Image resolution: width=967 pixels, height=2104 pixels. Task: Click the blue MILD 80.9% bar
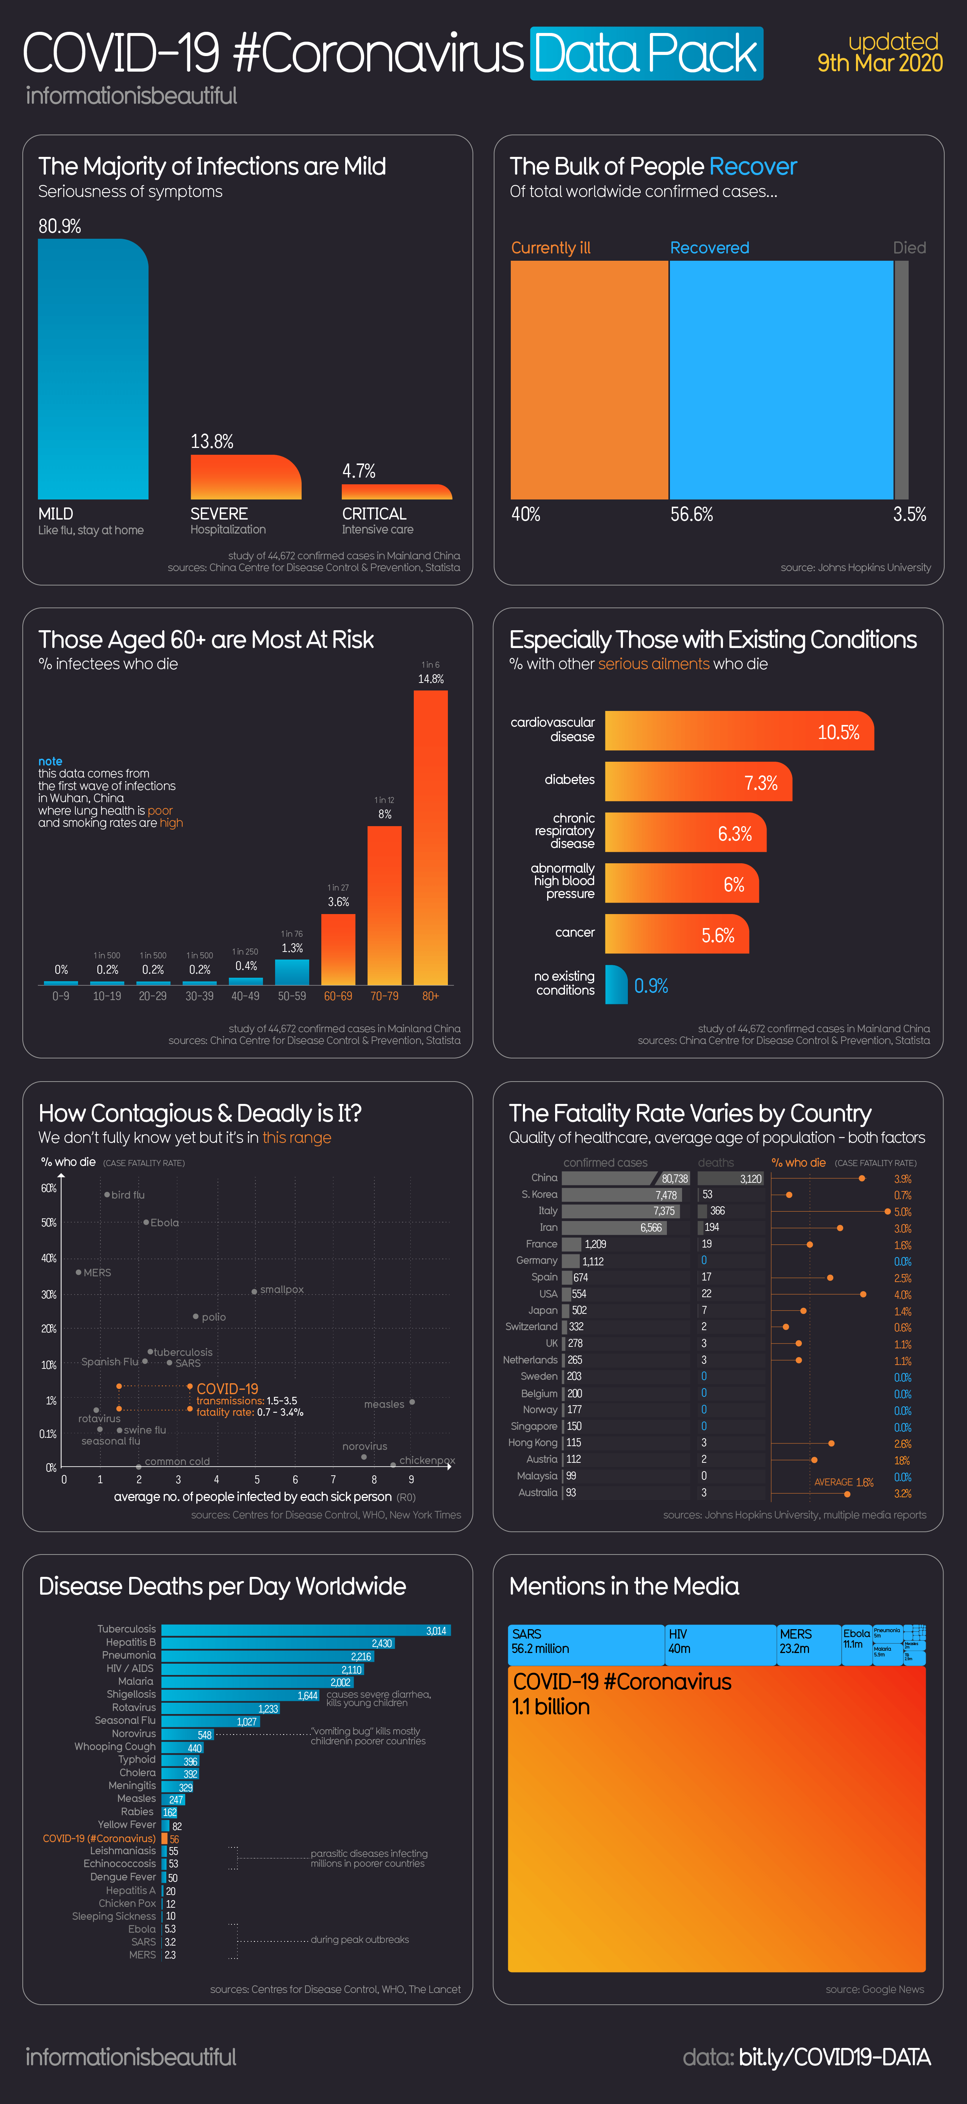93,369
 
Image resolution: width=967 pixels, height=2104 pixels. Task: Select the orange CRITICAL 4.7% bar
397,492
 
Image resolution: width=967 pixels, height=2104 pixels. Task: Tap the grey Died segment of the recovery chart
902,380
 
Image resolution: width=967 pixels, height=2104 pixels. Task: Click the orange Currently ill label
551,247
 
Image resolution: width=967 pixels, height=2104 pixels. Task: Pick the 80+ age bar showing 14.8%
430,837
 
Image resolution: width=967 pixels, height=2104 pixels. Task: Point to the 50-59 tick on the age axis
291,996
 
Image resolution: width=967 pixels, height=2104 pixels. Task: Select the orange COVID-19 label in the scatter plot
227,1389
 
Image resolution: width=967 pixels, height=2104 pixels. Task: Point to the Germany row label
537,1260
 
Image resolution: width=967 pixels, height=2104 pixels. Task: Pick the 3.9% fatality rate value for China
903,1179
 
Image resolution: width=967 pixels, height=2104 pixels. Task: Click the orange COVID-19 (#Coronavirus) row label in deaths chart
99,1839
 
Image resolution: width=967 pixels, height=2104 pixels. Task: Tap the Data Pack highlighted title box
646,54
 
